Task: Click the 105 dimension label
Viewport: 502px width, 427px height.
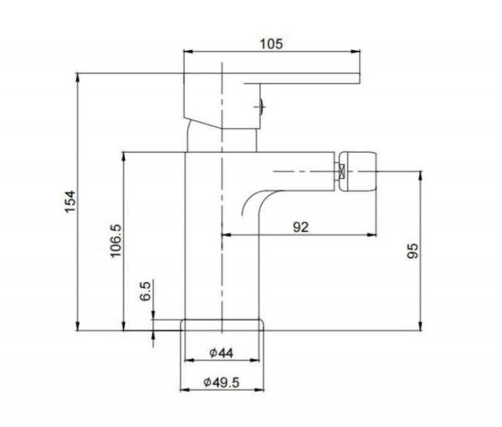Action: pos(271,44)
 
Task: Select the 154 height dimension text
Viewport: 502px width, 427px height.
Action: pos(70,201)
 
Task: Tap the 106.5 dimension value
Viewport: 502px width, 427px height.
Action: pos(116,241)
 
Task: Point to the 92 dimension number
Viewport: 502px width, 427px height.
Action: pos(301,227)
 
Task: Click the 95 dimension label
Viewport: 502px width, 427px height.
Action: pos(412,251)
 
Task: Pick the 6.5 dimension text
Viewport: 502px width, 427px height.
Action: pos(145,291)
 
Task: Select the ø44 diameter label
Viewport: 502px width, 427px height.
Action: pos(222,353)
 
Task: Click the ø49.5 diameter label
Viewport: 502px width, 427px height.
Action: pos(222,382)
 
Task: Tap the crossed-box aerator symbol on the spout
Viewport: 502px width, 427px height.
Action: pos(341,171)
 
